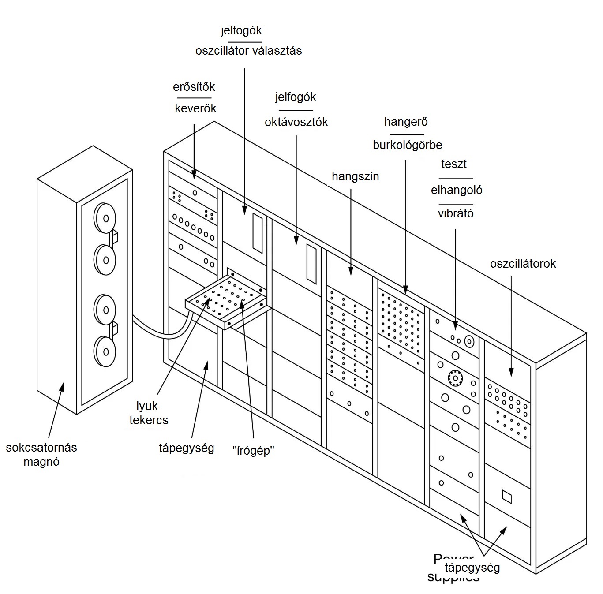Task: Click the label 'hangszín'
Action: (x=355, y=176)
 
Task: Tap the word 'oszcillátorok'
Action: (x=523, y=264)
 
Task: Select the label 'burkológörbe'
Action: (x=407, y=145)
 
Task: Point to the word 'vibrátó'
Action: (x=456, y=214)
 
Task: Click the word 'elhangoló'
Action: (x=457, y=190)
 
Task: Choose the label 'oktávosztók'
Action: (x=296, y=122)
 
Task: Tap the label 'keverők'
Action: (x=195, y=108)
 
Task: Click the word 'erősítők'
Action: (x=194, y=86)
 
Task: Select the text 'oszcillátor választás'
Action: (x=248, y=51)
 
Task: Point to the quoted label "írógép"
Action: (x=254, y=451)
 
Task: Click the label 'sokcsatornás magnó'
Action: (x=41, y=455)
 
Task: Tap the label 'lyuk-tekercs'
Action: (x=149, y=413)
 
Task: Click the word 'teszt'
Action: (x=454, y=164)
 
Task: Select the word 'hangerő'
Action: (x=406, y=121)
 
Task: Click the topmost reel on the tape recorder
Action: (x=105, y=218)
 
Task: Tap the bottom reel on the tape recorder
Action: (x=105, y=351)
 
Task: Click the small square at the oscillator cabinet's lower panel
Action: (x=507, y=497)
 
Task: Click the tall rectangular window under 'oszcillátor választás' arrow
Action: (x=257, y=232)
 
